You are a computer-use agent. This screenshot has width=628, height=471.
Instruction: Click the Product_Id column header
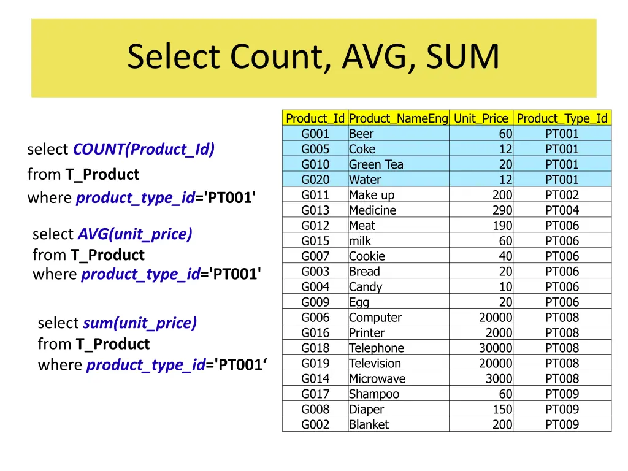tap(315, 118)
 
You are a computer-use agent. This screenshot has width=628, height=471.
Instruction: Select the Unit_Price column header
tap(481, 118)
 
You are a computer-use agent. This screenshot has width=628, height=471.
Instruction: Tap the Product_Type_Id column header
tap(562, 118)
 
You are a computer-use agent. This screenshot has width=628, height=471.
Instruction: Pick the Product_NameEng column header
tap(398, 118)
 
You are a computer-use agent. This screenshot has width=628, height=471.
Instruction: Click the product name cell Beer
tap(361, 134)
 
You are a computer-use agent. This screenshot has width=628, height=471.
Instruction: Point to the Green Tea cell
tap(376, 164)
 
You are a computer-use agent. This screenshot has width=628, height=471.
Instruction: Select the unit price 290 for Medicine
tap(502, 210)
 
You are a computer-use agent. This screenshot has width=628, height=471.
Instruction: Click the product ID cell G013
tap(315, 210)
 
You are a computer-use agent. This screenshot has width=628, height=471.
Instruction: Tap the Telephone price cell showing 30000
tap(495, 348)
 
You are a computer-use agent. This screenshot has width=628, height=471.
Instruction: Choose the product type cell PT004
tap(562, 210)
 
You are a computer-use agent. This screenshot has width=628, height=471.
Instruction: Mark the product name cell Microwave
tap(377, 379)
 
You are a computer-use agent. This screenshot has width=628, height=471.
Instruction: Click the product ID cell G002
tap(315, 424)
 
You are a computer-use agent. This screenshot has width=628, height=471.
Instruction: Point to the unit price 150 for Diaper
tap(502, 409)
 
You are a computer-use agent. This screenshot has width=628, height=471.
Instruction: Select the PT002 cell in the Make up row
tap(562, 195)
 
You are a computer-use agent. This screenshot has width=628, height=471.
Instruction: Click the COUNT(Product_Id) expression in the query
tap(144, 150)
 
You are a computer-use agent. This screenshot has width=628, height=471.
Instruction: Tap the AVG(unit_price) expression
tap(135, 234)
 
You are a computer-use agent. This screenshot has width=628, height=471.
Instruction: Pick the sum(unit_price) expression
tap(140, 323)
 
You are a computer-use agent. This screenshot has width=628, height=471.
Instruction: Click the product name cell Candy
tap(366, 287)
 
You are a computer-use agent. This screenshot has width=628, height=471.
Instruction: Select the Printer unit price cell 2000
tap(499, 333)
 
